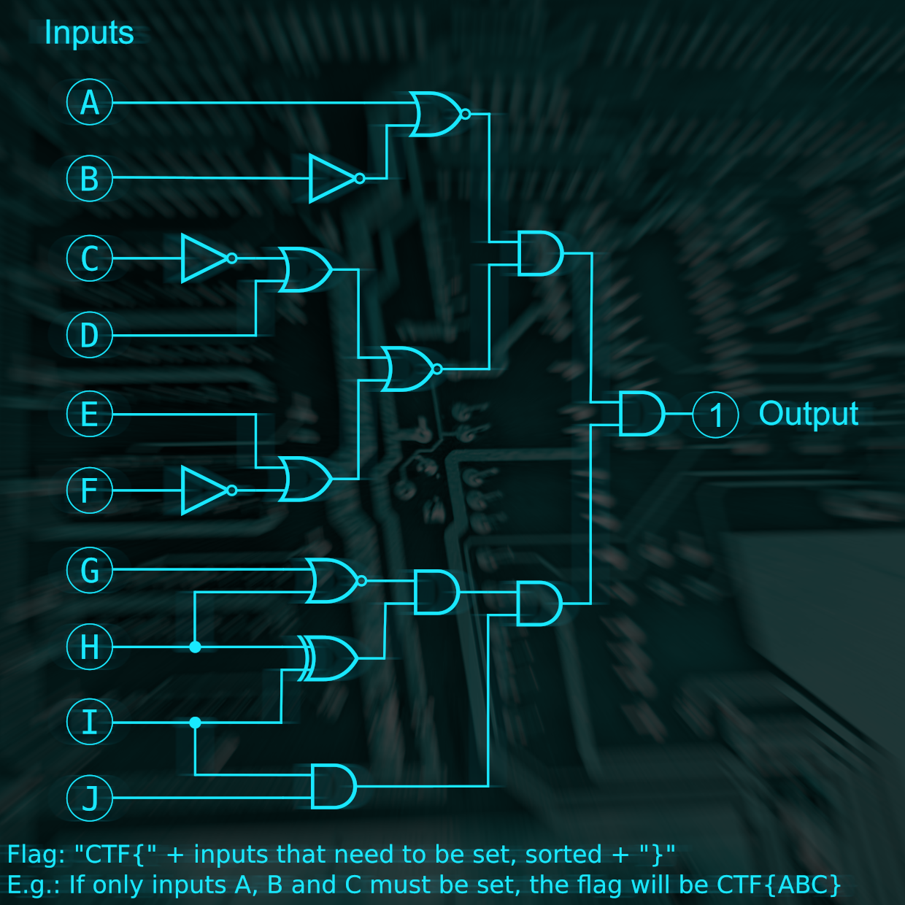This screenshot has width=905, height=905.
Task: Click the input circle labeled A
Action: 90,102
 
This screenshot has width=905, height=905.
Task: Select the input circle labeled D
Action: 90,336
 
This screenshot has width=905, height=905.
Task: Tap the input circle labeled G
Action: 90,570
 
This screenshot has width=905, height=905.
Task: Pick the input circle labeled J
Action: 90,798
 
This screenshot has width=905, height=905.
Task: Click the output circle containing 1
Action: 716,415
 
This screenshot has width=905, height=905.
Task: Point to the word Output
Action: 808,414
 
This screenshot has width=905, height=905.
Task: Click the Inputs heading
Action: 89,33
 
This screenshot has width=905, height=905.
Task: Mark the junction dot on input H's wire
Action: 195,647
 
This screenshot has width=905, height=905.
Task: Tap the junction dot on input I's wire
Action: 195,723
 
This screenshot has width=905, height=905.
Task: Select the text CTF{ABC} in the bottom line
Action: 779,885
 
